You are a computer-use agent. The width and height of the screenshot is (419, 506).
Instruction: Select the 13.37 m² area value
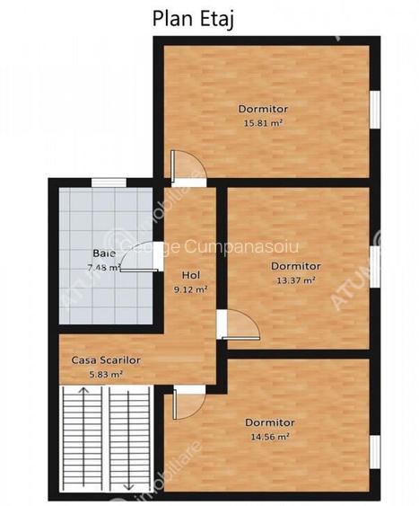click(295, 280)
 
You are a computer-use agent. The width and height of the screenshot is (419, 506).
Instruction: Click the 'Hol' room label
click(191, 275)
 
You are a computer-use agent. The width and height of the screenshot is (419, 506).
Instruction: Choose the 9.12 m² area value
click(191, 289)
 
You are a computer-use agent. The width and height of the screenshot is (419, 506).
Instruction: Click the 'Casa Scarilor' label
click(107, 360)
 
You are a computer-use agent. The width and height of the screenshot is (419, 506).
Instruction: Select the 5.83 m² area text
click(105, 374)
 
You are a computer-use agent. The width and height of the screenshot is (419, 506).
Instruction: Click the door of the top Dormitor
click(186, 169)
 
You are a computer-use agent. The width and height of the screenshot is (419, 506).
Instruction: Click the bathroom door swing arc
click(135, 258)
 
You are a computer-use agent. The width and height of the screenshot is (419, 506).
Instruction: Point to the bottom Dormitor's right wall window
click(375, 448)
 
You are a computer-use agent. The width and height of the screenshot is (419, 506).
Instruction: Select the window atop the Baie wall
click(103, 182)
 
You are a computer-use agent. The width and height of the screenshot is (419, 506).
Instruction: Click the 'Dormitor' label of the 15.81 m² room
click(263, 108)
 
